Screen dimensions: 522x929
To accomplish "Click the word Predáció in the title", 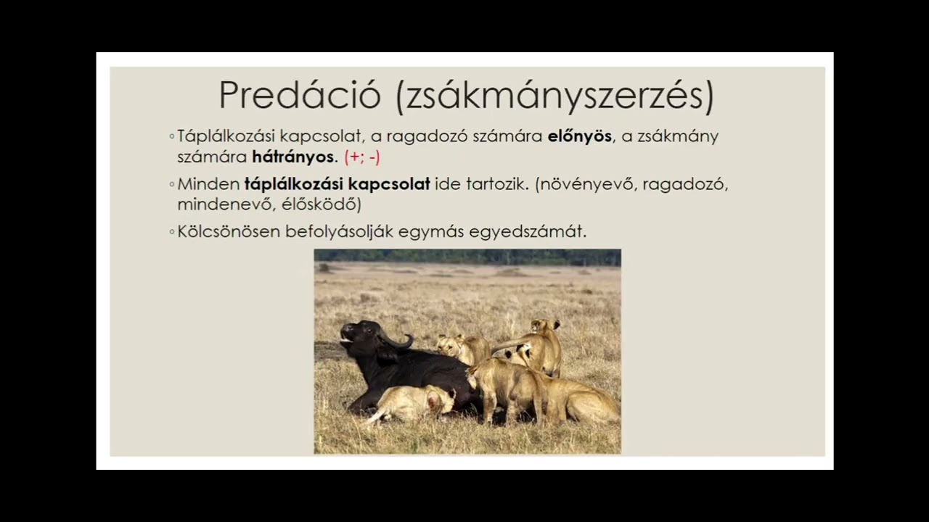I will click(299, 95).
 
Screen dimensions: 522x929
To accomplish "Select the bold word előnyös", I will click(579, 136).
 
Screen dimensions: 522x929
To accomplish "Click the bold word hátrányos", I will click(294, 157).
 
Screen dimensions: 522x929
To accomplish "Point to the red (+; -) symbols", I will click(362, 157).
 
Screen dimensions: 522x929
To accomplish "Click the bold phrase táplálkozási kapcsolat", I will click(337, 184).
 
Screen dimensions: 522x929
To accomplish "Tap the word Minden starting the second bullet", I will click(208, 184).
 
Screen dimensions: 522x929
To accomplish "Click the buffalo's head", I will click(361, 338).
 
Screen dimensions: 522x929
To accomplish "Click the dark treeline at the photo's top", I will click(467, 256).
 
